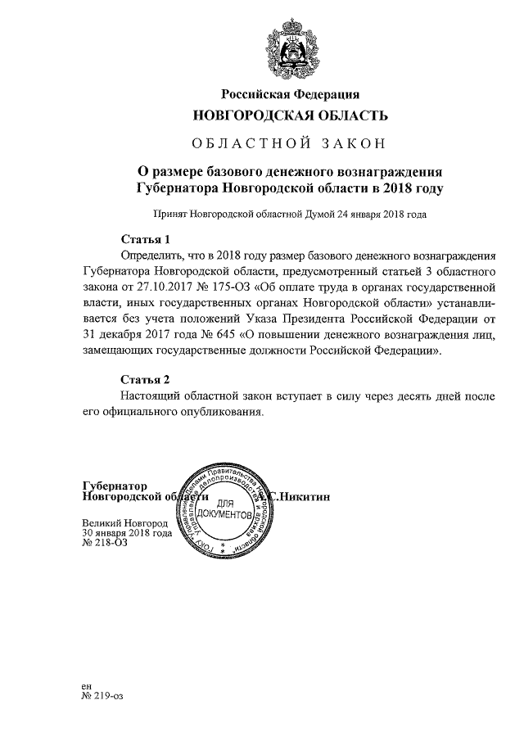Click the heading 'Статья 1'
(x=145, y=240)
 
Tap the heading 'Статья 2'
(x=145, y=380)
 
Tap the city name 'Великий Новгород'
(x=125, y=522)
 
